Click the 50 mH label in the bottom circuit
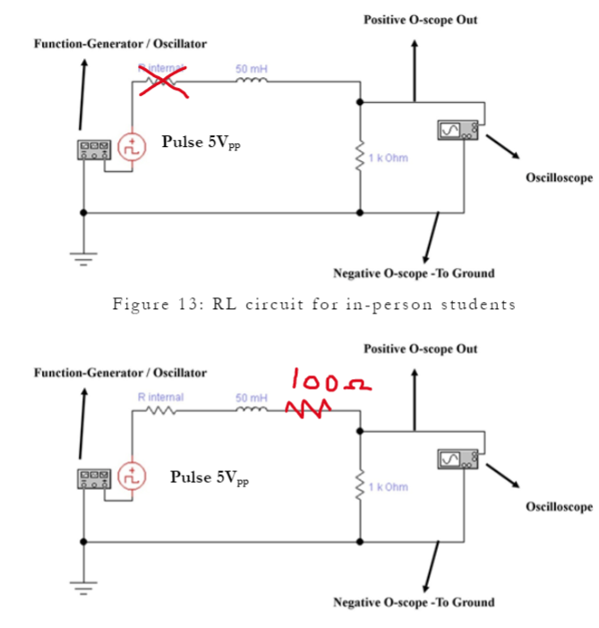[x=251, y=396]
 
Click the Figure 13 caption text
[x=313, y=304]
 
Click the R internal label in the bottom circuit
[x=160, y=396]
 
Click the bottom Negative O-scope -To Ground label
[x=413, y=601]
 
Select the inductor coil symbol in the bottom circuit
[x=250, y=409]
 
